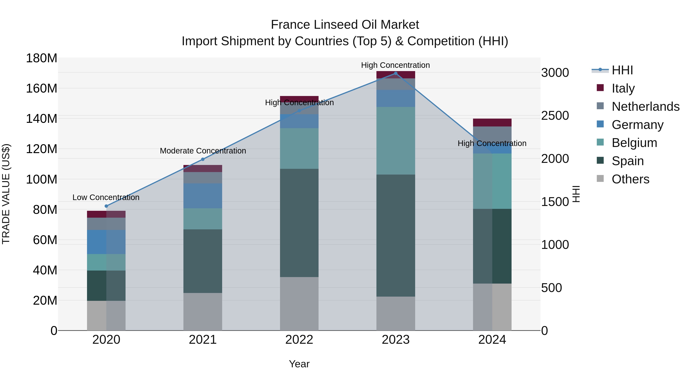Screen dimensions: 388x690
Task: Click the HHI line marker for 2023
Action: (x=396, y=73)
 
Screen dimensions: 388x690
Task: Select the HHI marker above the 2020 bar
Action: (x=106, y=206)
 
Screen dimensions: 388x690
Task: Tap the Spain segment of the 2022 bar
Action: (x=299, y=223)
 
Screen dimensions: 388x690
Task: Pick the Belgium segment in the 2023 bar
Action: (x=396, y=141)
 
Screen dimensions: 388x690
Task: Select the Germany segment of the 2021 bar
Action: (x=203, y=196)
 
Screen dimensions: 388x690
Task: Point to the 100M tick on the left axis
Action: (x=42, y=179)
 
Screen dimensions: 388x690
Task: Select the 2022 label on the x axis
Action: (x=299, y=340)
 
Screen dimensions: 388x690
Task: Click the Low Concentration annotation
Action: (x=106, y=197)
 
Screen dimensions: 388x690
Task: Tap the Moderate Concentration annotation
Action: (x=203, y=151)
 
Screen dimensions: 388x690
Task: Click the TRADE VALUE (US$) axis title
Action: (x=6, y=194)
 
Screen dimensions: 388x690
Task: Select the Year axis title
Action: (x=299, y=364)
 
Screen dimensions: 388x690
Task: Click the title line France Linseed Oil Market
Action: (x=345, y=25)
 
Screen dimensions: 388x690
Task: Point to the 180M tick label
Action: (x=42, y=58)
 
